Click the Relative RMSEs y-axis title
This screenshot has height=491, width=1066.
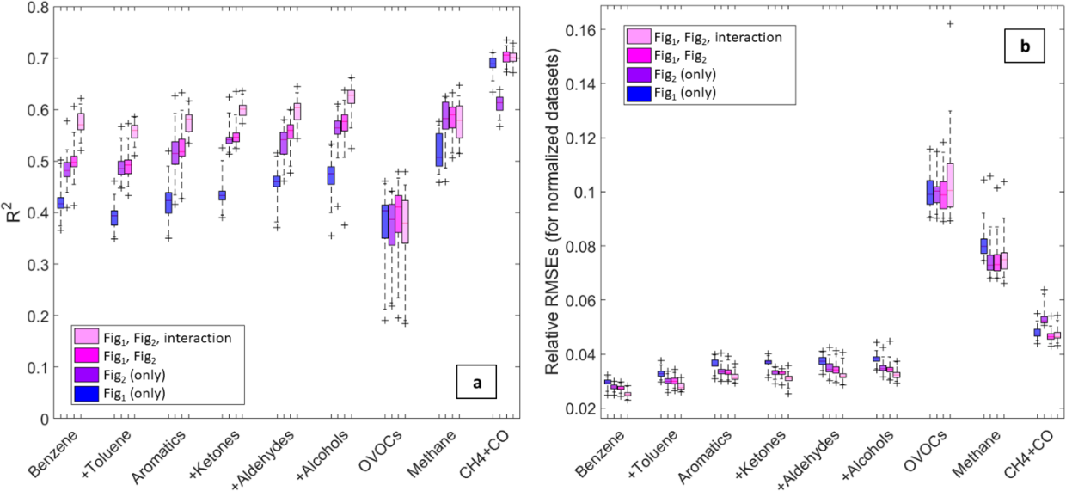click(557, 211)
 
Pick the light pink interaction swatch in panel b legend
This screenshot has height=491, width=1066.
click(638, 36)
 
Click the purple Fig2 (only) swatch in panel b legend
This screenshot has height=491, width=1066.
click(638, 74)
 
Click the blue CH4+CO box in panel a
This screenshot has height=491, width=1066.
click(493, 63)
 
